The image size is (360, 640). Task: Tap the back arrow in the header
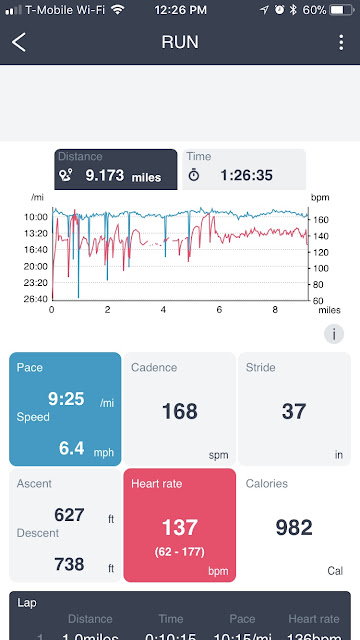(19, 43)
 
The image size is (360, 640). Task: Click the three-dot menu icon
(341, 43)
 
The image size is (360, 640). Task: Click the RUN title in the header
(180, 43)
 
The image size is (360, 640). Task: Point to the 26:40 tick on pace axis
(35, 299)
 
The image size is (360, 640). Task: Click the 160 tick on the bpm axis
(322, 217)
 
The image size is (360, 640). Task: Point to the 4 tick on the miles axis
(164, 310)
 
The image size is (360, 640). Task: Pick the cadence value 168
(179, 411)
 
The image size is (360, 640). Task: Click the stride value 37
(293, 411)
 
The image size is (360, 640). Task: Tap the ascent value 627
(69, 514)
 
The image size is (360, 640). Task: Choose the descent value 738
(69, 564)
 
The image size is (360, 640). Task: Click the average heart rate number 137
(180, 526)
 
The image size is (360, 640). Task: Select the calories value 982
(294, 527)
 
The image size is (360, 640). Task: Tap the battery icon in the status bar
(339, 9)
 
